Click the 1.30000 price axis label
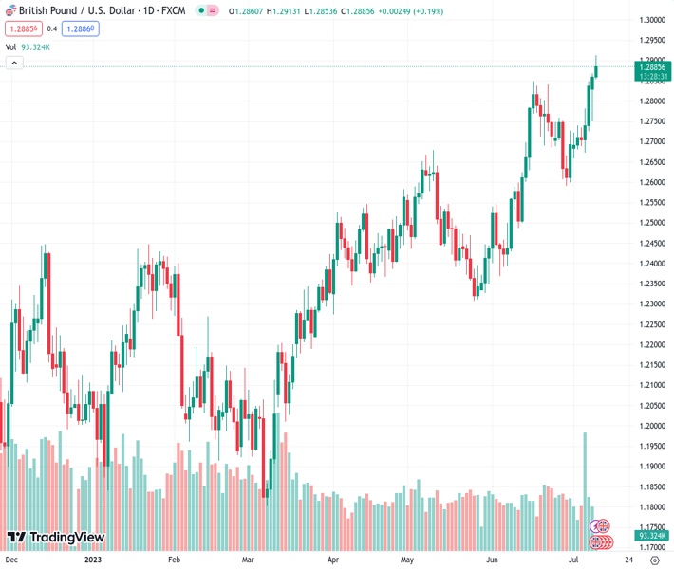[651, 20]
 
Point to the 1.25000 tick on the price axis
[651, 223]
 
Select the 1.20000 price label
[651, 426]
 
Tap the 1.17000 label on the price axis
[651, 547]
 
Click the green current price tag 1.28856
[651, 67]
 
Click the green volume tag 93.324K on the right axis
[651, 536]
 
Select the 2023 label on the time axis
[93, 560]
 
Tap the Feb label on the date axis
[174, 560]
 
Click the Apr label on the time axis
[333, 560]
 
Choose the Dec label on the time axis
[11, 560]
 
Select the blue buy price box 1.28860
[80, 28]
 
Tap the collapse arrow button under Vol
[14, 63]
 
